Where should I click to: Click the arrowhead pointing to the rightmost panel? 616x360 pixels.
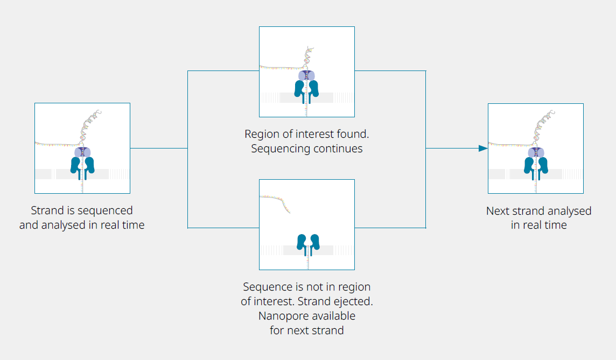click(483, 148)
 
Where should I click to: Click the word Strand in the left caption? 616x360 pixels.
click(47, 210)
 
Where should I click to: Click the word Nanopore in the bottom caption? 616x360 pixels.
click(286, 315)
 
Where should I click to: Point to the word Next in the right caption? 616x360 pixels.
click(498, 211)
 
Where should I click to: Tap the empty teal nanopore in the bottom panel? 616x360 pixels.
click(307, 244)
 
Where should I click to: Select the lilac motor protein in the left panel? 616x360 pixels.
click(82, 152)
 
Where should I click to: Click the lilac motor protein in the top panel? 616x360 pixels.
click(307, 76)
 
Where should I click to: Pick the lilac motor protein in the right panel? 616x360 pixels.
click(536, 152)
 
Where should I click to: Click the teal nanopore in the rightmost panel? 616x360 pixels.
click(536, 166)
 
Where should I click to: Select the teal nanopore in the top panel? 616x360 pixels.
click(307, 89)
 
